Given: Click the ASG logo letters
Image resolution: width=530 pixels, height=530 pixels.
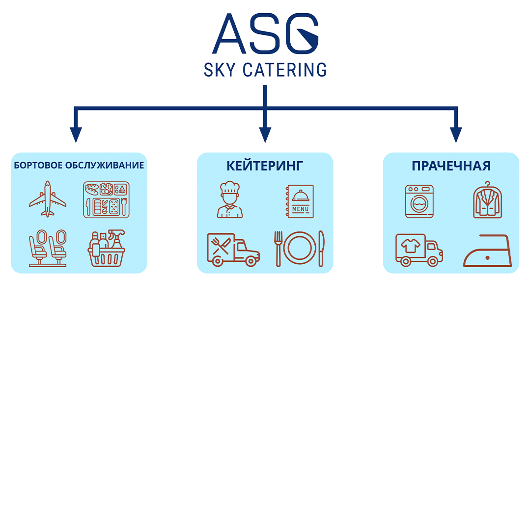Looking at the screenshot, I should (x=265, y=33).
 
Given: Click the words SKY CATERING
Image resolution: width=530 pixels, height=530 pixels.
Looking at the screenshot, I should (x=265, y=70).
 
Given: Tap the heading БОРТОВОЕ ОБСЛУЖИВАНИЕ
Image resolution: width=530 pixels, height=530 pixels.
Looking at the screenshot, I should (x=79, y=165).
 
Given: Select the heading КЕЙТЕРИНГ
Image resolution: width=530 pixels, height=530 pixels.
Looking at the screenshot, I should (x=265, y=166).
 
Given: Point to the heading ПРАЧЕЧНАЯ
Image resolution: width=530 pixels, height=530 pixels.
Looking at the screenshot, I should (x=451, y=166).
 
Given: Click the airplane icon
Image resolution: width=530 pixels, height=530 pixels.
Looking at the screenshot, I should (x=48, y=199).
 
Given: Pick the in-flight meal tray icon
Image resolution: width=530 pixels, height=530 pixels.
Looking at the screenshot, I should (x=106, y=199).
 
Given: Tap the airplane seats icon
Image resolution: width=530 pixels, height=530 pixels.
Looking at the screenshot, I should (x=48, y=248).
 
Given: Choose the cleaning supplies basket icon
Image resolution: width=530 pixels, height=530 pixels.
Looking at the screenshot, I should (x=106, y=248).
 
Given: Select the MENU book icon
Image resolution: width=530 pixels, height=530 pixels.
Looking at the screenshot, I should (x=300, y=201).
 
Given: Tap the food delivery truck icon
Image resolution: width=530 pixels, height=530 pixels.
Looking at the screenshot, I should (x=233, y=250).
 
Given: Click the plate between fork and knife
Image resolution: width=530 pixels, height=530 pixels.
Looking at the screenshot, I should (x=300, y=248).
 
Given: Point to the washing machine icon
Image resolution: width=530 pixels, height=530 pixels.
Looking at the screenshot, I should (x=419, y=201).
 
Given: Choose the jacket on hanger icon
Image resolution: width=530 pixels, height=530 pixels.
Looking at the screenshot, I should (x=488, y=200).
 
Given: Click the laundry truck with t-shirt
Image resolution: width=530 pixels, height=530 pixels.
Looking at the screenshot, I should (x=419, y=250).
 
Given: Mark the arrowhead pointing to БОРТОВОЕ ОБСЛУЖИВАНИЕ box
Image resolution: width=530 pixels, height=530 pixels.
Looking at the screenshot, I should (x=76, y=135).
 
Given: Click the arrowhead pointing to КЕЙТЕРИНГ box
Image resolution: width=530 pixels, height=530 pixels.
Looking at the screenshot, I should (x=265, y=135).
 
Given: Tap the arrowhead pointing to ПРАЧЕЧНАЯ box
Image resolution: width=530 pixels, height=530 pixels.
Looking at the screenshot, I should (x=456, y=135).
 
